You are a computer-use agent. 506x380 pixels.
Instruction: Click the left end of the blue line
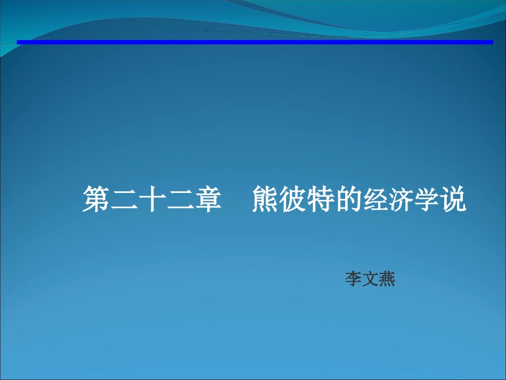tap(19, 42)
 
